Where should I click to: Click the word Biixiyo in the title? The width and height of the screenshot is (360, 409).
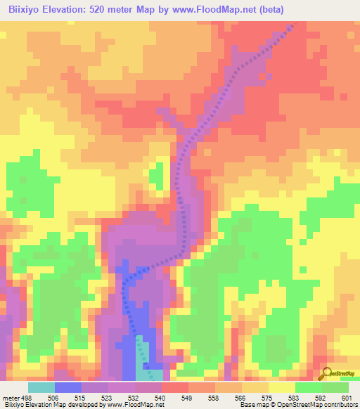28,9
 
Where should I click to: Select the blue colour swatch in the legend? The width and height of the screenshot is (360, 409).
67,387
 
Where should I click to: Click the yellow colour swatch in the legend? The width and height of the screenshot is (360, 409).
281,387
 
